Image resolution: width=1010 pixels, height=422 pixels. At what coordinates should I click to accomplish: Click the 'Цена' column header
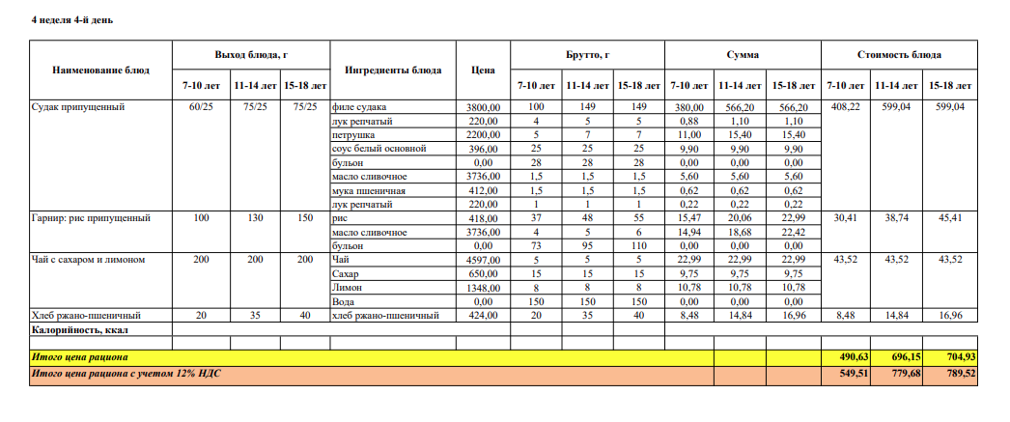[483, 70]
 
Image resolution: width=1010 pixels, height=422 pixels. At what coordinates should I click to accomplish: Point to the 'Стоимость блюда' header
[899, 55]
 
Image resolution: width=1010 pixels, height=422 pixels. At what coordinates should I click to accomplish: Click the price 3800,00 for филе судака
[483, 106]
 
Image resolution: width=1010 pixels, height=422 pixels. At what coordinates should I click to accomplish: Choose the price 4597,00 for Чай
[483, 260]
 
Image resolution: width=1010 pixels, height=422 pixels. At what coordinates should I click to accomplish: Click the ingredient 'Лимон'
[347, 288]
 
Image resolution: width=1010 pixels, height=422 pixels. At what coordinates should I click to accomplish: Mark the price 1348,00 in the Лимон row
[483, 288]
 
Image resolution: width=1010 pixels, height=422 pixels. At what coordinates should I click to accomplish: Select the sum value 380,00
[689, 106]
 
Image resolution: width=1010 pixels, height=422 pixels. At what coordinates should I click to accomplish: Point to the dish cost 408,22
[846, 106]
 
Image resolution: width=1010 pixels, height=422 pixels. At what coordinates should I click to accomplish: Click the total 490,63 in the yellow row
[846, 357]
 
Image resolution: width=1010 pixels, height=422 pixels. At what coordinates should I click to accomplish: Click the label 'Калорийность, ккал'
[80, 329]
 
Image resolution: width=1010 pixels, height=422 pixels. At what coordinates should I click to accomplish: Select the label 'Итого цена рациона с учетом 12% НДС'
[119, 373]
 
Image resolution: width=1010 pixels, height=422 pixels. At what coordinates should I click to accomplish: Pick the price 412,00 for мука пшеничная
[483, 190]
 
